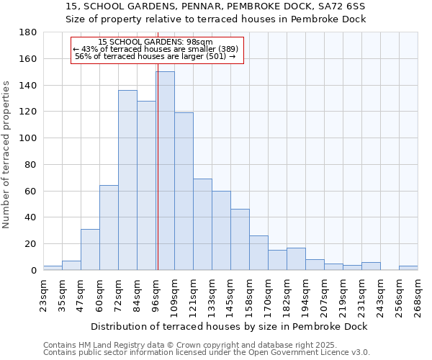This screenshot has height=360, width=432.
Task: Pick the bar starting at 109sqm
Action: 184,191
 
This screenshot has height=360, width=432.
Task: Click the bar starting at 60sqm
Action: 109,228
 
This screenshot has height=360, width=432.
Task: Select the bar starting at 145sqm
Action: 240,239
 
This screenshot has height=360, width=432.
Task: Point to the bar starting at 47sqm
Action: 90,249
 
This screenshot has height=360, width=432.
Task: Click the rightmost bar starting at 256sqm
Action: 408,268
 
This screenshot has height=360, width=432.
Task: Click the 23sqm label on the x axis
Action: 44,292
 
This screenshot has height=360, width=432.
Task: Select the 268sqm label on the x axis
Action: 418,292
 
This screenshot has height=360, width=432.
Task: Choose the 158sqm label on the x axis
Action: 250,292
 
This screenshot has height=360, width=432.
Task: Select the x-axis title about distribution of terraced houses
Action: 230,326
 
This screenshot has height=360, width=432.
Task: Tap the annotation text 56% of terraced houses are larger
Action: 155,56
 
